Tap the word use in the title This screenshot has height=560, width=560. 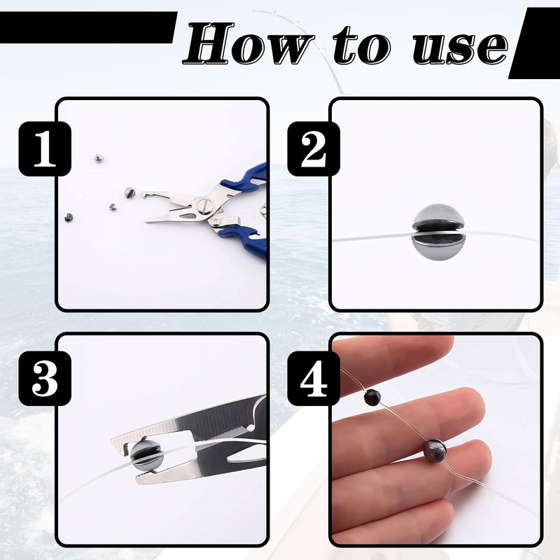click(460, 48)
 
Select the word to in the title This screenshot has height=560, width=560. click(362, 45)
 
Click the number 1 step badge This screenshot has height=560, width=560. click(45, 148)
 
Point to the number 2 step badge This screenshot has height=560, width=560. click(314, 148)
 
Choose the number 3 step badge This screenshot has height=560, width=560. click(45, 378)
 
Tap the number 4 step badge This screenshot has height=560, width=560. click(314, 378)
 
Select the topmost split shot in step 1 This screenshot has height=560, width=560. click(98, 157)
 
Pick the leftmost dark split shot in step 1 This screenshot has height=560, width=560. click(68, 217)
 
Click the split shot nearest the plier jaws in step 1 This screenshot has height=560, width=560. click(129, 193)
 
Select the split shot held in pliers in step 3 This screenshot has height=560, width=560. click(146, 455)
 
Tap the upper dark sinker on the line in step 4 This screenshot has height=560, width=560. click(372, 397)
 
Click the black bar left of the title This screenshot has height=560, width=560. click(87, 27)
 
